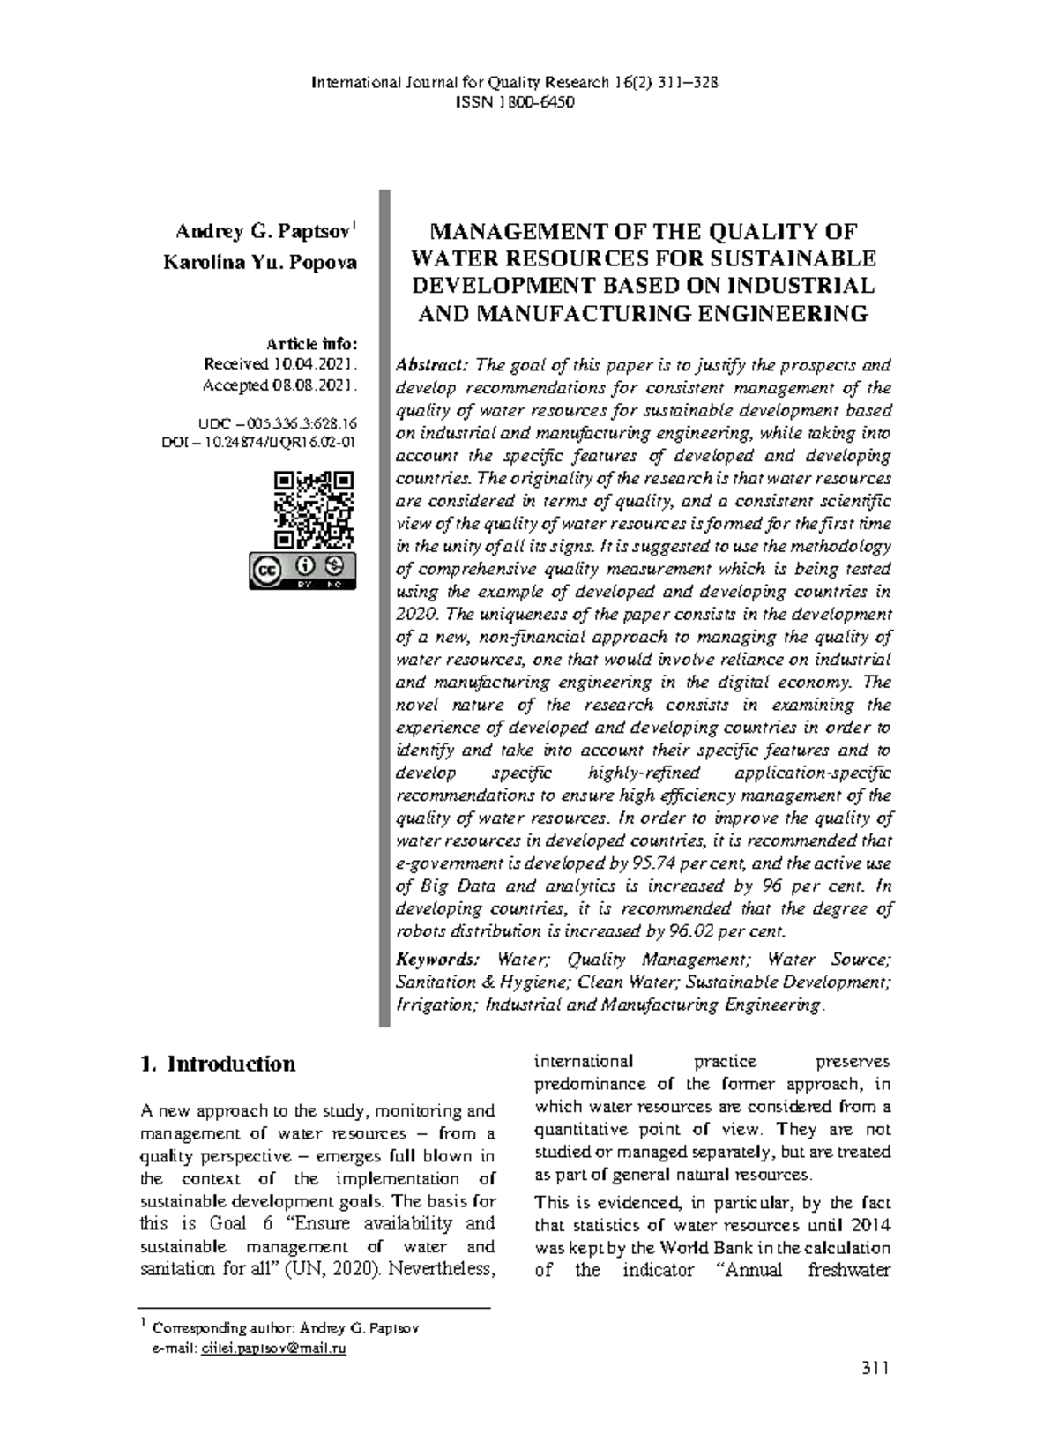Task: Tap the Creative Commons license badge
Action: (x=302, y=571)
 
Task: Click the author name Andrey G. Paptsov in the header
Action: (x=264, y=233)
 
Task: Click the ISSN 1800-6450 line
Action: (x=514, y=103)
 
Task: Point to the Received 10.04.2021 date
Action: (x=279, y=363)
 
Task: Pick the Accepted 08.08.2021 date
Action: (x=279, y=385)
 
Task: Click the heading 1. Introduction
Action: (x=218, y=1064)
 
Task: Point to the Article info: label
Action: (x=318, y=343)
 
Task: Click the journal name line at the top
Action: (x=514, y=83)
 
